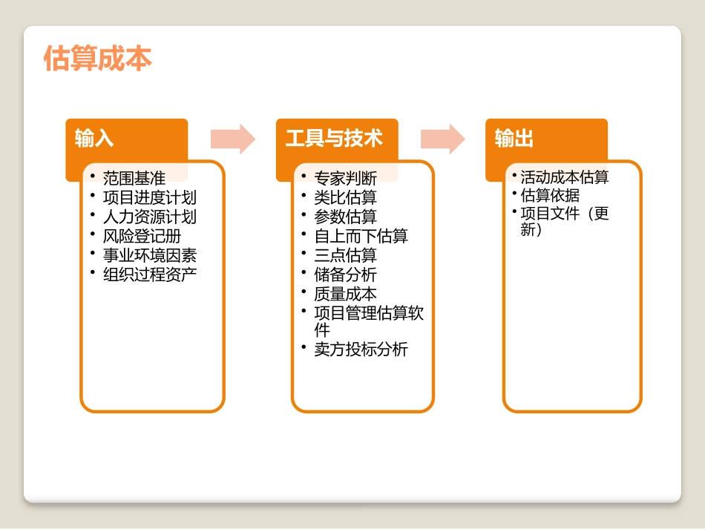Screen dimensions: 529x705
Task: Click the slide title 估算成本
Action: click(98, 59)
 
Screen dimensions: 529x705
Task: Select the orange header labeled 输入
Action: click(94, 138)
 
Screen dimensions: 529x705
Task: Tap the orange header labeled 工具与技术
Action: click(334, 138)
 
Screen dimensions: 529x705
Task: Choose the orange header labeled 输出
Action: click(514, 138)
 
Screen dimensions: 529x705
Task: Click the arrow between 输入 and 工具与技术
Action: click(232, 139)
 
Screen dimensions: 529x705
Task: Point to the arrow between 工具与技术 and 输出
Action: click(442, 139)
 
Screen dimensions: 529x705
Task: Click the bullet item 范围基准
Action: click(134, 178)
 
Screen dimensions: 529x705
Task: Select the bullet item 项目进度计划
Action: click(149, 197)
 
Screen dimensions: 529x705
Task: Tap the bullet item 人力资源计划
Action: click(149, 217)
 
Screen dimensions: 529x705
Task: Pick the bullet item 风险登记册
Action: click(141, 236)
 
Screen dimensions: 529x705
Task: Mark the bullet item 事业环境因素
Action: click(149, 255)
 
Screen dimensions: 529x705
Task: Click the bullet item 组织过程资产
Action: click(149, 275)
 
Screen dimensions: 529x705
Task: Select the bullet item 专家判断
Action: click(345, 178)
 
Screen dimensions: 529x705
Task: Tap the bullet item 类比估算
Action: click(345, 197)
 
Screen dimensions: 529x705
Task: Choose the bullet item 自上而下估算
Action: click(361, 236)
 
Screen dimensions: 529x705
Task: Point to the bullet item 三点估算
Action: click(345, 255)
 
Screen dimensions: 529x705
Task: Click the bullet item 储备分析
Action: click(345, 275)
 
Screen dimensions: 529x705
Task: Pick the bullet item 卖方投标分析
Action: click(361, 349)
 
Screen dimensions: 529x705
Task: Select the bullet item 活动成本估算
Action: click(564, 177)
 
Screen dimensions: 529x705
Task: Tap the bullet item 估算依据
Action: click(549, 195)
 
